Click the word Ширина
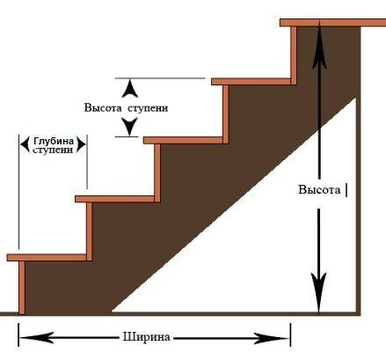pos(146,337)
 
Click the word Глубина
pos(54,141)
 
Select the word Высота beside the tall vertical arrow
pos(319,189)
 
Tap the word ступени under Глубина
pos(53,151)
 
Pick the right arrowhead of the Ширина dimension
pos(272,338)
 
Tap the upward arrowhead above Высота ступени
pos(130,89)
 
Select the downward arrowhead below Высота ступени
pos(130,127)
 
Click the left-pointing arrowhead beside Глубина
pos(25,144)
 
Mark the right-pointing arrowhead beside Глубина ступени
pos(81,144)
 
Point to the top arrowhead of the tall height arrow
pos(319,47)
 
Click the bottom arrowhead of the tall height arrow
pos(319,293)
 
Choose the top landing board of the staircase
pos(333,23)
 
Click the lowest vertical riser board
pos(22,288)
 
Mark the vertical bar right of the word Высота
pos(346,190)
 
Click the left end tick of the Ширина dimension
pos(18,335)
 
